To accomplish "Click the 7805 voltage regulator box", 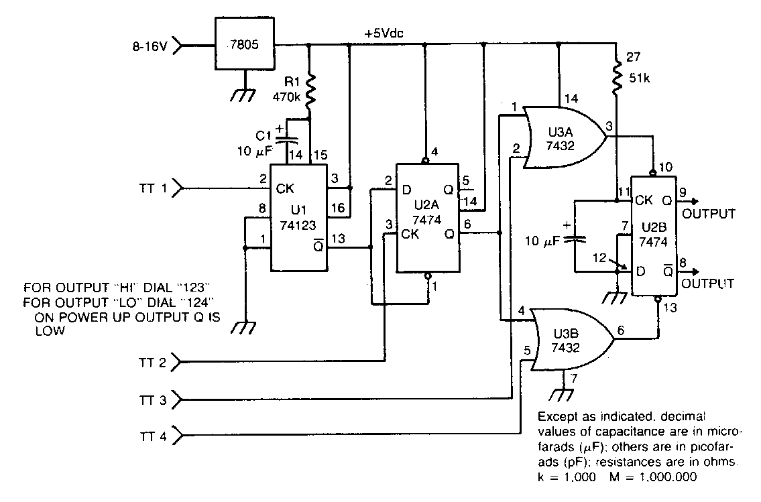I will coord(245,46).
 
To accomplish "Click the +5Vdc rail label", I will coord(384,33).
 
